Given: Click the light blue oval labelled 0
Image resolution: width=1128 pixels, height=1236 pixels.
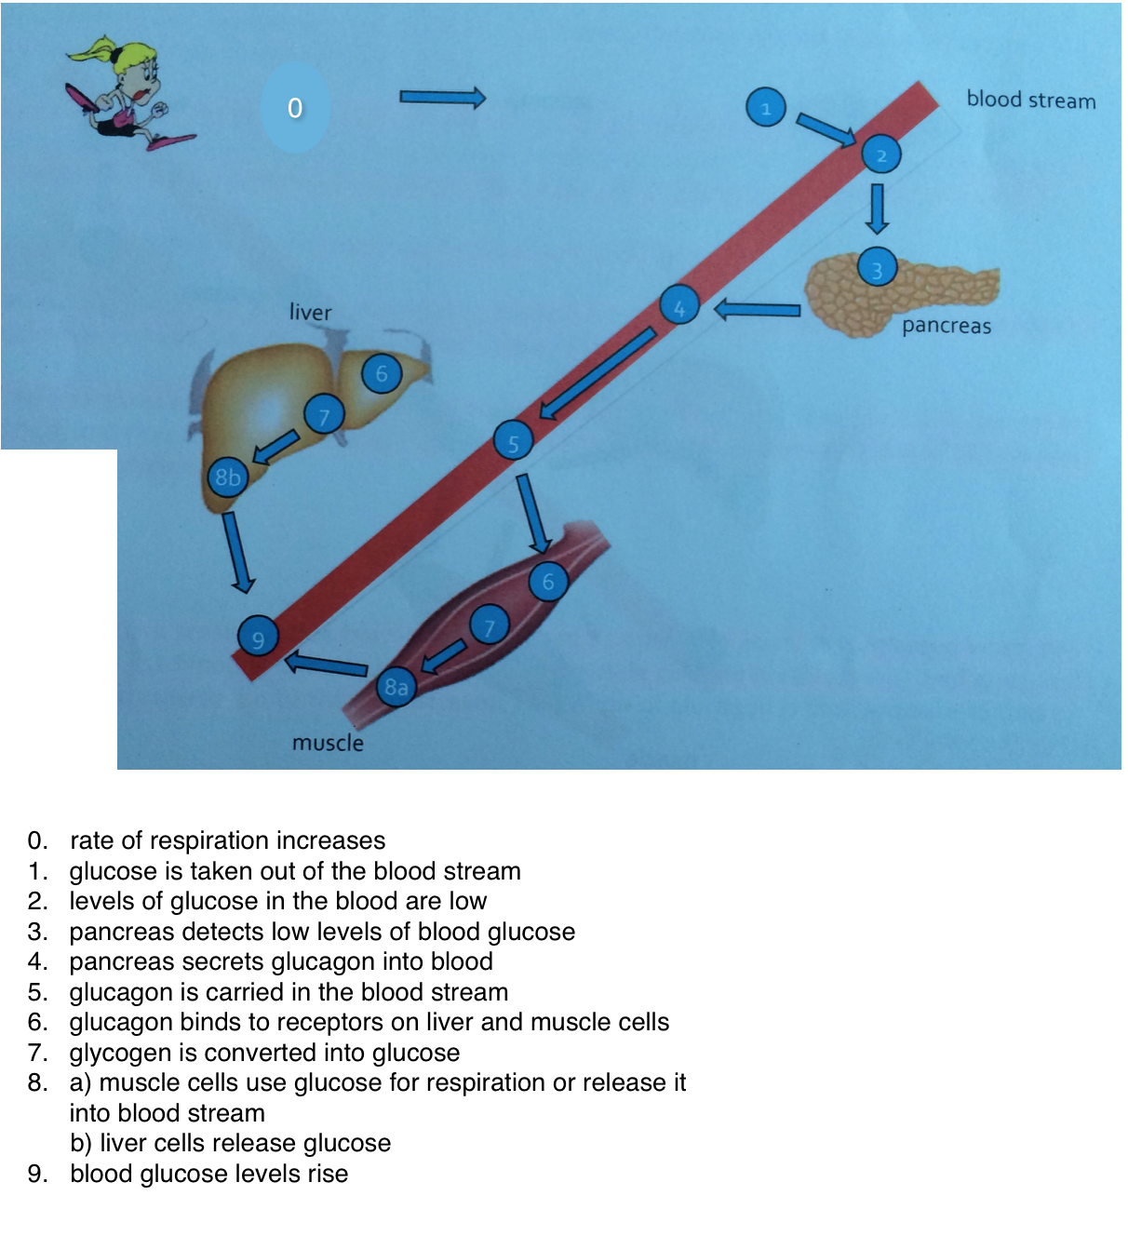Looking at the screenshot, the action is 295,108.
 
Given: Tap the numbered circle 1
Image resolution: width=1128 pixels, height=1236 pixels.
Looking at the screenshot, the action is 766,108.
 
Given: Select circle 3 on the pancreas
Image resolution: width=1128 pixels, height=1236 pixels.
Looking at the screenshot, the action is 877,268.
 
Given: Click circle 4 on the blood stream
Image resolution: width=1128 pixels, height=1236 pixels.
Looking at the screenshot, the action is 679,305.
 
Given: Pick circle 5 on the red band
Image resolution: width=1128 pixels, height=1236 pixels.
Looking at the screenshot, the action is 513,441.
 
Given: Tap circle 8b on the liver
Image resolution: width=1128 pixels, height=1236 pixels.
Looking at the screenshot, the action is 228,478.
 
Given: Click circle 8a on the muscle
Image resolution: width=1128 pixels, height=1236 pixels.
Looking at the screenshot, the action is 396,687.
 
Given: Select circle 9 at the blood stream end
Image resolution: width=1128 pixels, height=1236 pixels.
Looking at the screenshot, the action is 258,638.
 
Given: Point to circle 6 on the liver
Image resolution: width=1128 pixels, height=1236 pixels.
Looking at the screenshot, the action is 381,373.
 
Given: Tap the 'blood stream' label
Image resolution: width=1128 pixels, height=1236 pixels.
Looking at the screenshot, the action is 1030,100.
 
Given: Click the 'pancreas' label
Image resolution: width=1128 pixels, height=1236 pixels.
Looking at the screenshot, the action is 947,326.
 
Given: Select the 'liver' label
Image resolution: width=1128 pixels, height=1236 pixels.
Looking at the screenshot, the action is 310,312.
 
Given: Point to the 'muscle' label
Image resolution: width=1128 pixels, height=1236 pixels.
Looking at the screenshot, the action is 328,743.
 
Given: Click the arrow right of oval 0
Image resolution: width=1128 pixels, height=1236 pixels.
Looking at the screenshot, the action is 442,97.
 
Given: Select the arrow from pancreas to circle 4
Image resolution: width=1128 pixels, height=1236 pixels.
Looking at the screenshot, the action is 758,309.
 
